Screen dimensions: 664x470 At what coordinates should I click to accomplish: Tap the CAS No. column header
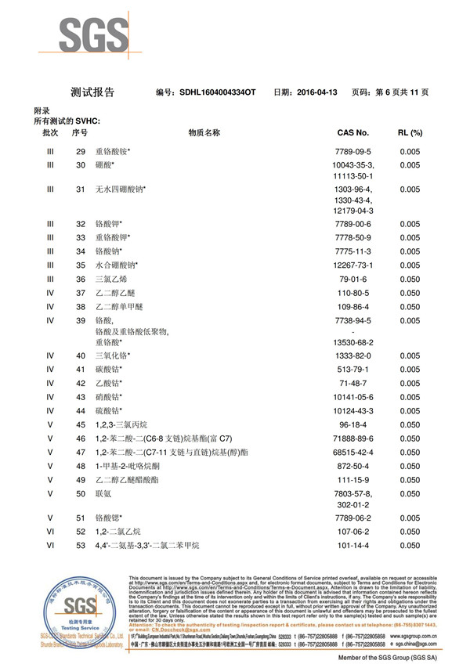point(352,133)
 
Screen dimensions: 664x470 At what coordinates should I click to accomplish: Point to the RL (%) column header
point(410,133)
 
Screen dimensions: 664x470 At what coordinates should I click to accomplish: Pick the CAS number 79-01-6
point(353,279)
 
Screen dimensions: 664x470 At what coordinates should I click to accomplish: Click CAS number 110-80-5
point(353,293)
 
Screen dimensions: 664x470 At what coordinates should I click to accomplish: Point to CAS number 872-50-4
point(353,466)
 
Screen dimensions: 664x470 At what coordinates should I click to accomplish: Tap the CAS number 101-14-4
point(353,545)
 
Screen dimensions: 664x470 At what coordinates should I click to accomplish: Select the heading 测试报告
point(92,92)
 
